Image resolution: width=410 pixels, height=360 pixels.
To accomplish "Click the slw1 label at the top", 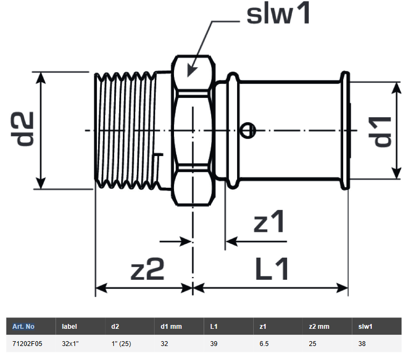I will coord(279,14).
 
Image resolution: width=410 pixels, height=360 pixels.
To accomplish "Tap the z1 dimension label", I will coord(269,222).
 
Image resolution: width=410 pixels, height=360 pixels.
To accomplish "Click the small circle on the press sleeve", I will coord(248,129).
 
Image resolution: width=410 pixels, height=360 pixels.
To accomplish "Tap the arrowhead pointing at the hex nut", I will coord(190,70).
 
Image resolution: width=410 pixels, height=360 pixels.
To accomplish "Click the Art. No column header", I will coord(23,326).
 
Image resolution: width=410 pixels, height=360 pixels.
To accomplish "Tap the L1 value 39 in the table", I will coord(213,342).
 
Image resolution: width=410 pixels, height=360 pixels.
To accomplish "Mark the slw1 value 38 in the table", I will coord(363,342).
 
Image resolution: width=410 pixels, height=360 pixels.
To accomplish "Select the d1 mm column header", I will coord(171,326).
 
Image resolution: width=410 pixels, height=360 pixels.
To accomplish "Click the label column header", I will coord(70,326).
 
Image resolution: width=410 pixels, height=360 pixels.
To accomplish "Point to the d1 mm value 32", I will coord(165,342).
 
